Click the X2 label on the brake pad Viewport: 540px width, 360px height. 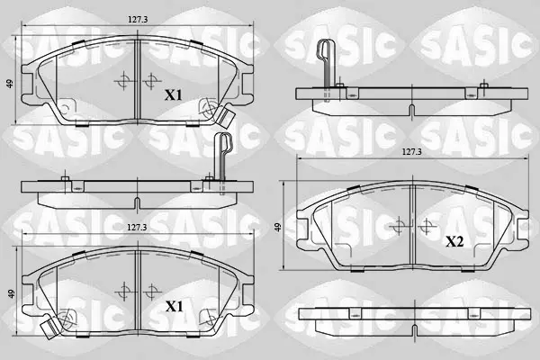[454, 242]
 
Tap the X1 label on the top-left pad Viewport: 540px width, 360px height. [173, 95]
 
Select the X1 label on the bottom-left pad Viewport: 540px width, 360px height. [175, 306]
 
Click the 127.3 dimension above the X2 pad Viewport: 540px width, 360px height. [412, 151]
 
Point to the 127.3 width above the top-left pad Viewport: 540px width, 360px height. [138, 20]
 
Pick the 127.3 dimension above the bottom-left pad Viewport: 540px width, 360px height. [137, 228]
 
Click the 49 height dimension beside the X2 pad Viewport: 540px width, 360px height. [278, 228]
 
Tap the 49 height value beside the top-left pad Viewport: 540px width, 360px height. [10, 84]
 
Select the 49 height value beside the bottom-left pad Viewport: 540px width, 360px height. [12, 294]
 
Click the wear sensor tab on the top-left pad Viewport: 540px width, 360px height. [225, 117]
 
